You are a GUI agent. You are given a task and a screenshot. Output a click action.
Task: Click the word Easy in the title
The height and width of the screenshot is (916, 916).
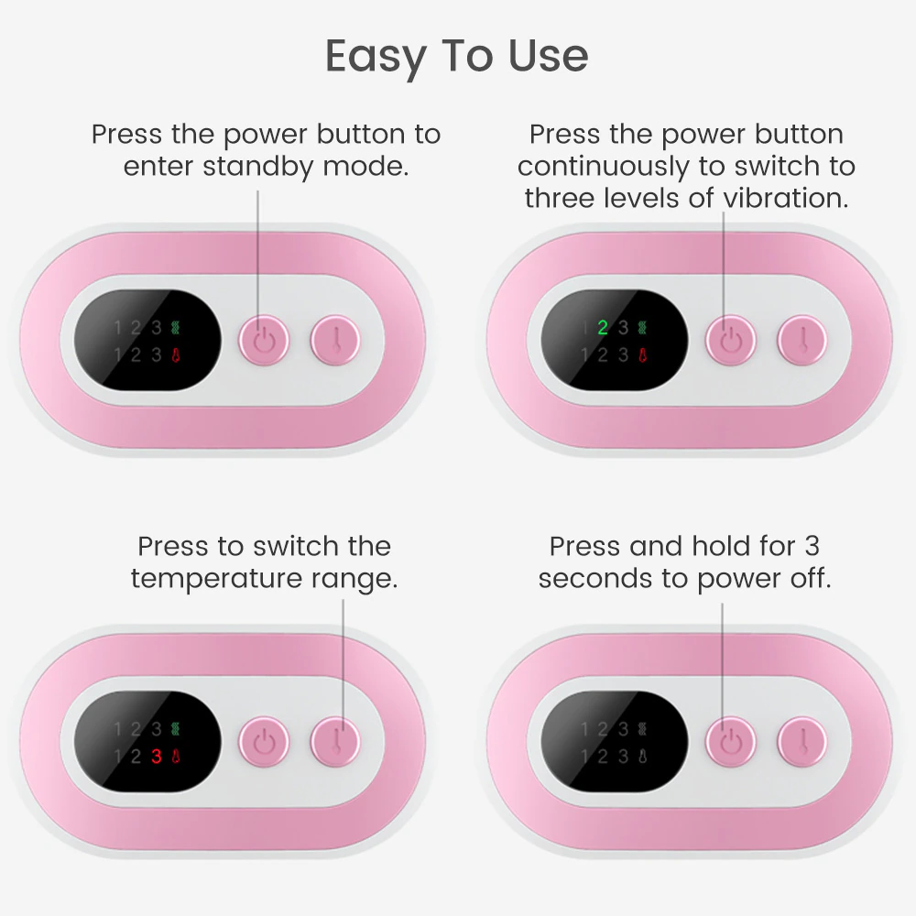(374, 57)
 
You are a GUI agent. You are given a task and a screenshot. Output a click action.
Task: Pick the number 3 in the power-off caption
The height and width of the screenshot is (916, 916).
(812, 547)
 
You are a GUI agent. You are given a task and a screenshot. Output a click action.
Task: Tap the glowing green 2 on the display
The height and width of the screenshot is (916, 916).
(603, 328)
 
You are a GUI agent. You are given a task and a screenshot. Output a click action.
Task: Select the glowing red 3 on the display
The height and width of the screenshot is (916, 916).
(157, 757)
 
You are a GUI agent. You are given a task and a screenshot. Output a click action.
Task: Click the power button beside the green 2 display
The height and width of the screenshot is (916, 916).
(730, 341)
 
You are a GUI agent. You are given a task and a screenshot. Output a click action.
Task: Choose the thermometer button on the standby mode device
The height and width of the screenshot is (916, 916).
(336, 341)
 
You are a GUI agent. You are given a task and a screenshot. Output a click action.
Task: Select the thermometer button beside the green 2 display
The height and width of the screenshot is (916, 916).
(802, 341)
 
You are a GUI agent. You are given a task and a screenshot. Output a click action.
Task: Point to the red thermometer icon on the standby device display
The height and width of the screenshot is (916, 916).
(176, 354)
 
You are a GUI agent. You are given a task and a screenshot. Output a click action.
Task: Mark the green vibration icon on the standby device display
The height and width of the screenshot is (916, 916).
(176, 328)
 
